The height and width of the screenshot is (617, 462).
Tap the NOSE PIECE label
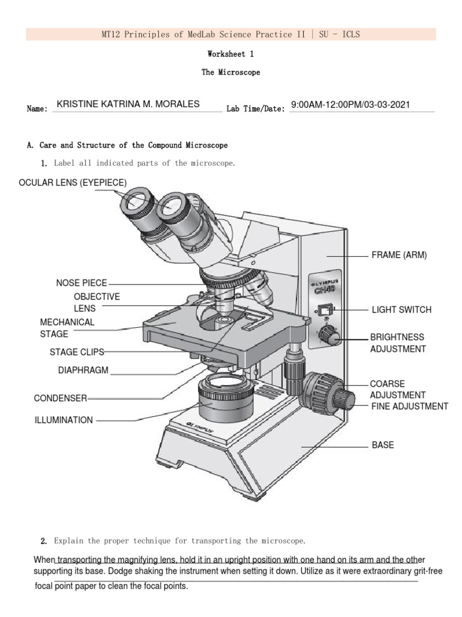click(81, 283)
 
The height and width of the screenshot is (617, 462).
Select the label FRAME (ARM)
click(399, 255)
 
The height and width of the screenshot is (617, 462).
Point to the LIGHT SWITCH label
click(401, 310)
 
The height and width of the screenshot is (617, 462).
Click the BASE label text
click(383, 445)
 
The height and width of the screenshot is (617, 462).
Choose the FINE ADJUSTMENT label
click(409, 407)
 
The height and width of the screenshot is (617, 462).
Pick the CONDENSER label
click(61, 398)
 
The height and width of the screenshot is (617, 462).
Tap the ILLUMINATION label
click(64, 420)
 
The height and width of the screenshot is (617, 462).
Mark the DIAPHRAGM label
click(83, 371)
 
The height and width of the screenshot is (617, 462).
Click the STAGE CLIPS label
click(77, 351)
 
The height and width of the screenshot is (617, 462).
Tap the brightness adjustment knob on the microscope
click(329, 336)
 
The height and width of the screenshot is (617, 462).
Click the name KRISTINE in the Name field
click(78, 104)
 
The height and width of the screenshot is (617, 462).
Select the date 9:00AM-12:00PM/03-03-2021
click(350, 105)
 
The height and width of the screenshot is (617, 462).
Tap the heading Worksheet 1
click(231, 54)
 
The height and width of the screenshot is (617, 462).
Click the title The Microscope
click(231, 72)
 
